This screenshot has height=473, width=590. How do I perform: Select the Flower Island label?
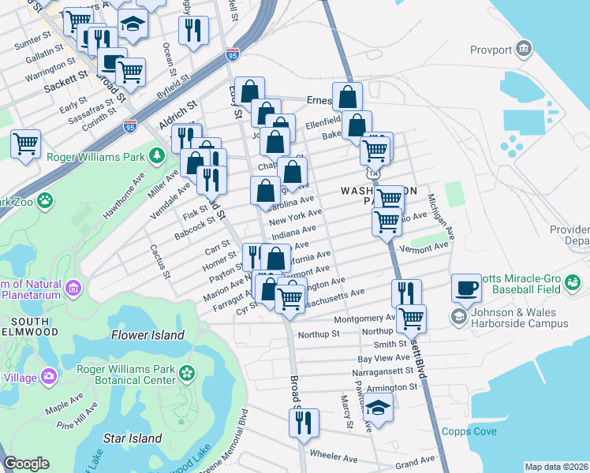coord(147,335)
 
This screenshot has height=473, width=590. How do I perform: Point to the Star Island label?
coord(133,438)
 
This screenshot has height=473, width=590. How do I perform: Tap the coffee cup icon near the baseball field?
coord(467,286)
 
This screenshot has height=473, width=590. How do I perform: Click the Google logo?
coord(26,464)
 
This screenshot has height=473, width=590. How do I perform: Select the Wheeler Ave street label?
coord(334,456)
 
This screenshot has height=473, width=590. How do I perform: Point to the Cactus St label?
coord(160,260)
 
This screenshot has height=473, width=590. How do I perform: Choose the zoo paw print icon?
coord(45,200)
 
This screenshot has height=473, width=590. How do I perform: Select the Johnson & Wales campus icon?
coord(457,317)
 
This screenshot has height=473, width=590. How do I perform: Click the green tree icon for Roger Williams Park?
coord(157,155)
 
